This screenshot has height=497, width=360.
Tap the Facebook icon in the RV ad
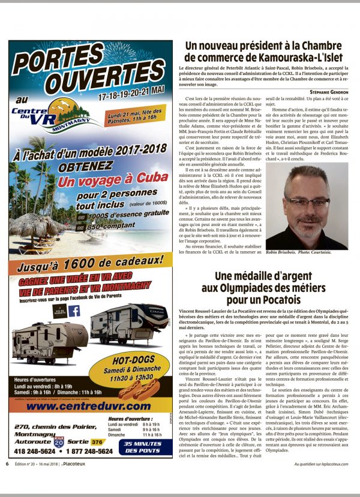coord(74,311)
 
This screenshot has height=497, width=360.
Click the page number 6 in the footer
coord(7,480)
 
